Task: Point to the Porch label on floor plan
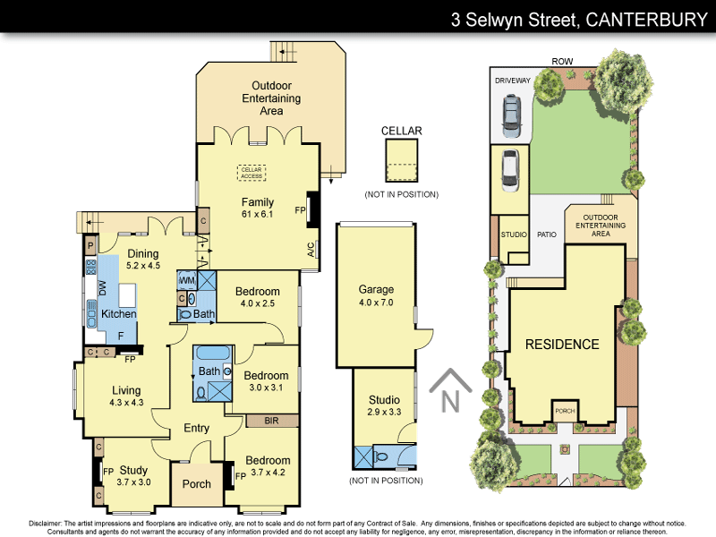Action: click(196, 484)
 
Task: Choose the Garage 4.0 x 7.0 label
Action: click(376, 296)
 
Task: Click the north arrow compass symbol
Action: click(450, 392)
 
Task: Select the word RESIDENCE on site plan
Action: click(562, 345)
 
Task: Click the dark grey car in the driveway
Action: click(510, 115)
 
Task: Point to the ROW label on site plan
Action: click(562, 62)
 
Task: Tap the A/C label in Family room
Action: click(311, 249)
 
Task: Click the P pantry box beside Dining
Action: click(90, 243)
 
